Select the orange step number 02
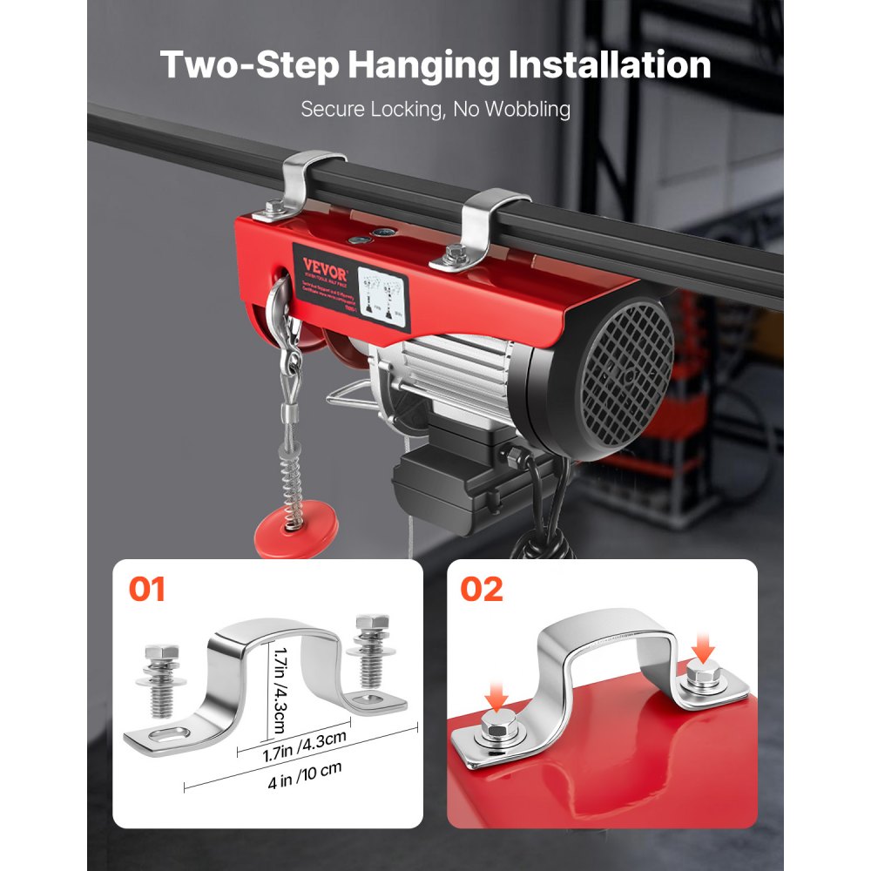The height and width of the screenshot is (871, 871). [481, 590]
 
